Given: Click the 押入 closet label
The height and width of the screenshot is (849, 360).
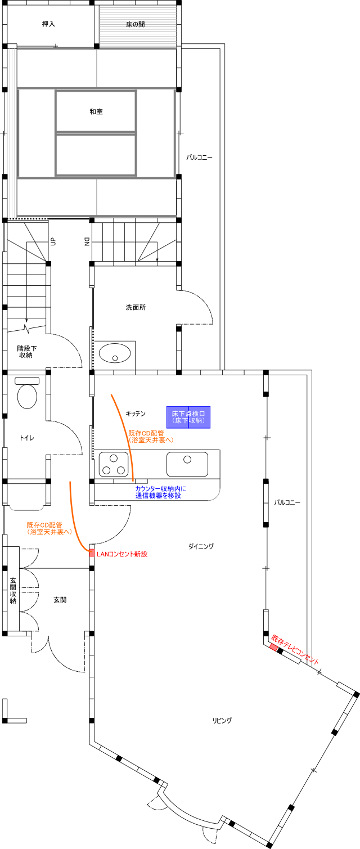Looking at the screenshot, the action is pos(48,24).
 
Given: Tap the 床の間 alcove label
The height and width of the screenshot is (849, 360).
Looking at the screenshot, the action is pos(136,24).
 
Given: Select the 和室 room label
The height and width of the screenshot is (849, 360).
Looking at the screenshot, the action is pos(96,111).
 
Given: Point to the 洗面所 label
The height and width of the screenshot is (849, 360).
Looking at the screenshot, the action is pos(136,307).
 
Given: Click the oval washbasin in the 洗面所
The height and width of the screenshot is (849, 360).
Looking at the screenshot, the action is pos(115,353).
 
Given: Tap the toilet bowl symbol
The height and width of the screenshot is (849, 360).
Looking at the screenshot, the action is pos(28,393).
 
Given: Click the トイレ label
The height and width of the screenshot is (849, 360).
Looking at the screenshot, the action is pos(26,438).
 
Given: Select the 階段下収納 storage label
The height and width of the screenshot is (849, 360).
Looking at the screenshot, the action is pos(26,352).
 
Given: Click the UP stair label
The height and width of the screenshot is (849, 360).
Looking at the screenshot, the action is pos(53,241).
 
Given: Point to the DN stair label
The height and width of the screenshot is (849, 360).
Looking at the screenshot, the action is pos(87,242).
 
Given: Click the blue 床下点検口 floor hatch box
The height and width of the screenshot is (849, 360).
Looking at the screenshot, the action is pos(188,417).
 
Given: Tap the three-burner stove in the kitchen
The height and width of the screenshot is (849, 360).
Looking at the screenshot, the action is pos(114,464).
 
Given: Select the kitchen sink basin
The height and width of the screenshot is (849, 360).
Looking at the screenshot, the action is pos(187,464).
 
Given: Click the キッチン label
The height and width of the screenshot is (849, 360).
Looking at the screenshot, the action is pos(136,414).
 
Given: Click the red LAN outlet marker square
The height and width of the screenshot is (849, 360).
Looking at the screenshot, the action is pos(92,552).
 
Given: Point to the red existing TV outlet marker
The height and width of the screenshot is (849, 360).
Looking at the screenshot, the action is pos(273,648).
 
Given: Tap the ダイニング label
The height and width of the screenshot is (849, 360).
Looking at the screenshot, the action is pos(201,546).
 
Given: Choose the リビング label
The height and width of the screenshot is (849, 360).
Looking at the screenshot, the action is pos(222,721).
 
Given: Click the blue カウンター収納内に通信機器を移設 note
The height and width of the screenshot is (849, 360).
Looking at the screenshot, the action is pos(161,492).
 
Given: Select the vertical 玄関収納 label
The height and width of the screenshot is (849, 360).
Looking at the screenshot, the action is pos(13,590).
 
